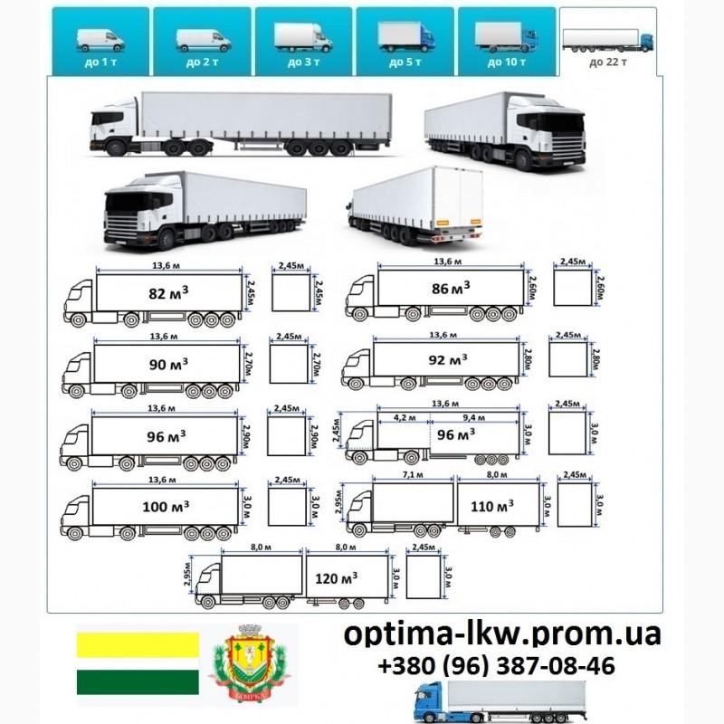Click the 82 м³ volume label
tap(169, 293)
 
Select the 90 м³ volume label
tap(167, 364)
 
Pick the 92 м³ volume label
tap(448, 359)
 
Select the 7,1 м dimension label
tap(413, 475)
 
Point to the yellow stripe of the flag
tap(138, 644)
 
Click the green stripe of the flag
tap(138, 683)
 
